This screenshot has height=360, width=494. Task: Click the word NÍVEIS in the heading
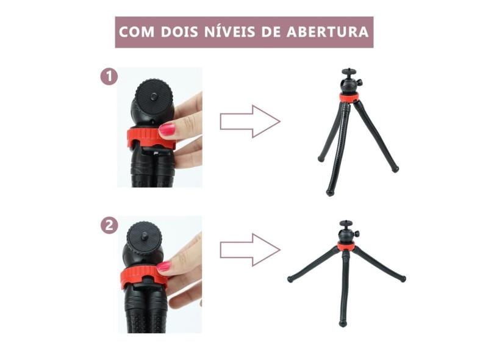(238, 32)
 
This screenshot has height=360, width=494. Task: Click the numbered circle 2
(109, 225)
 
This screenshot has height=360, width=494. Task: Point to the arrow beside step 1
(249, 121)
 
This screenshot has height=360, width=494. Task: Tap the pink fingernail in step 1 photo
(166, 129)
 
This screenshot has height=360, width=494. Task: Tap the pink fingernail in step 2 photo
(163, 266)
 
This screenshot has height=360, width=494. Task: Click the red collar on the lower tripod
(346, 246)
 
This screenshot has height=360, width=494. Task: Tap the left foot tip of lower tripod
(292, 279)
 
